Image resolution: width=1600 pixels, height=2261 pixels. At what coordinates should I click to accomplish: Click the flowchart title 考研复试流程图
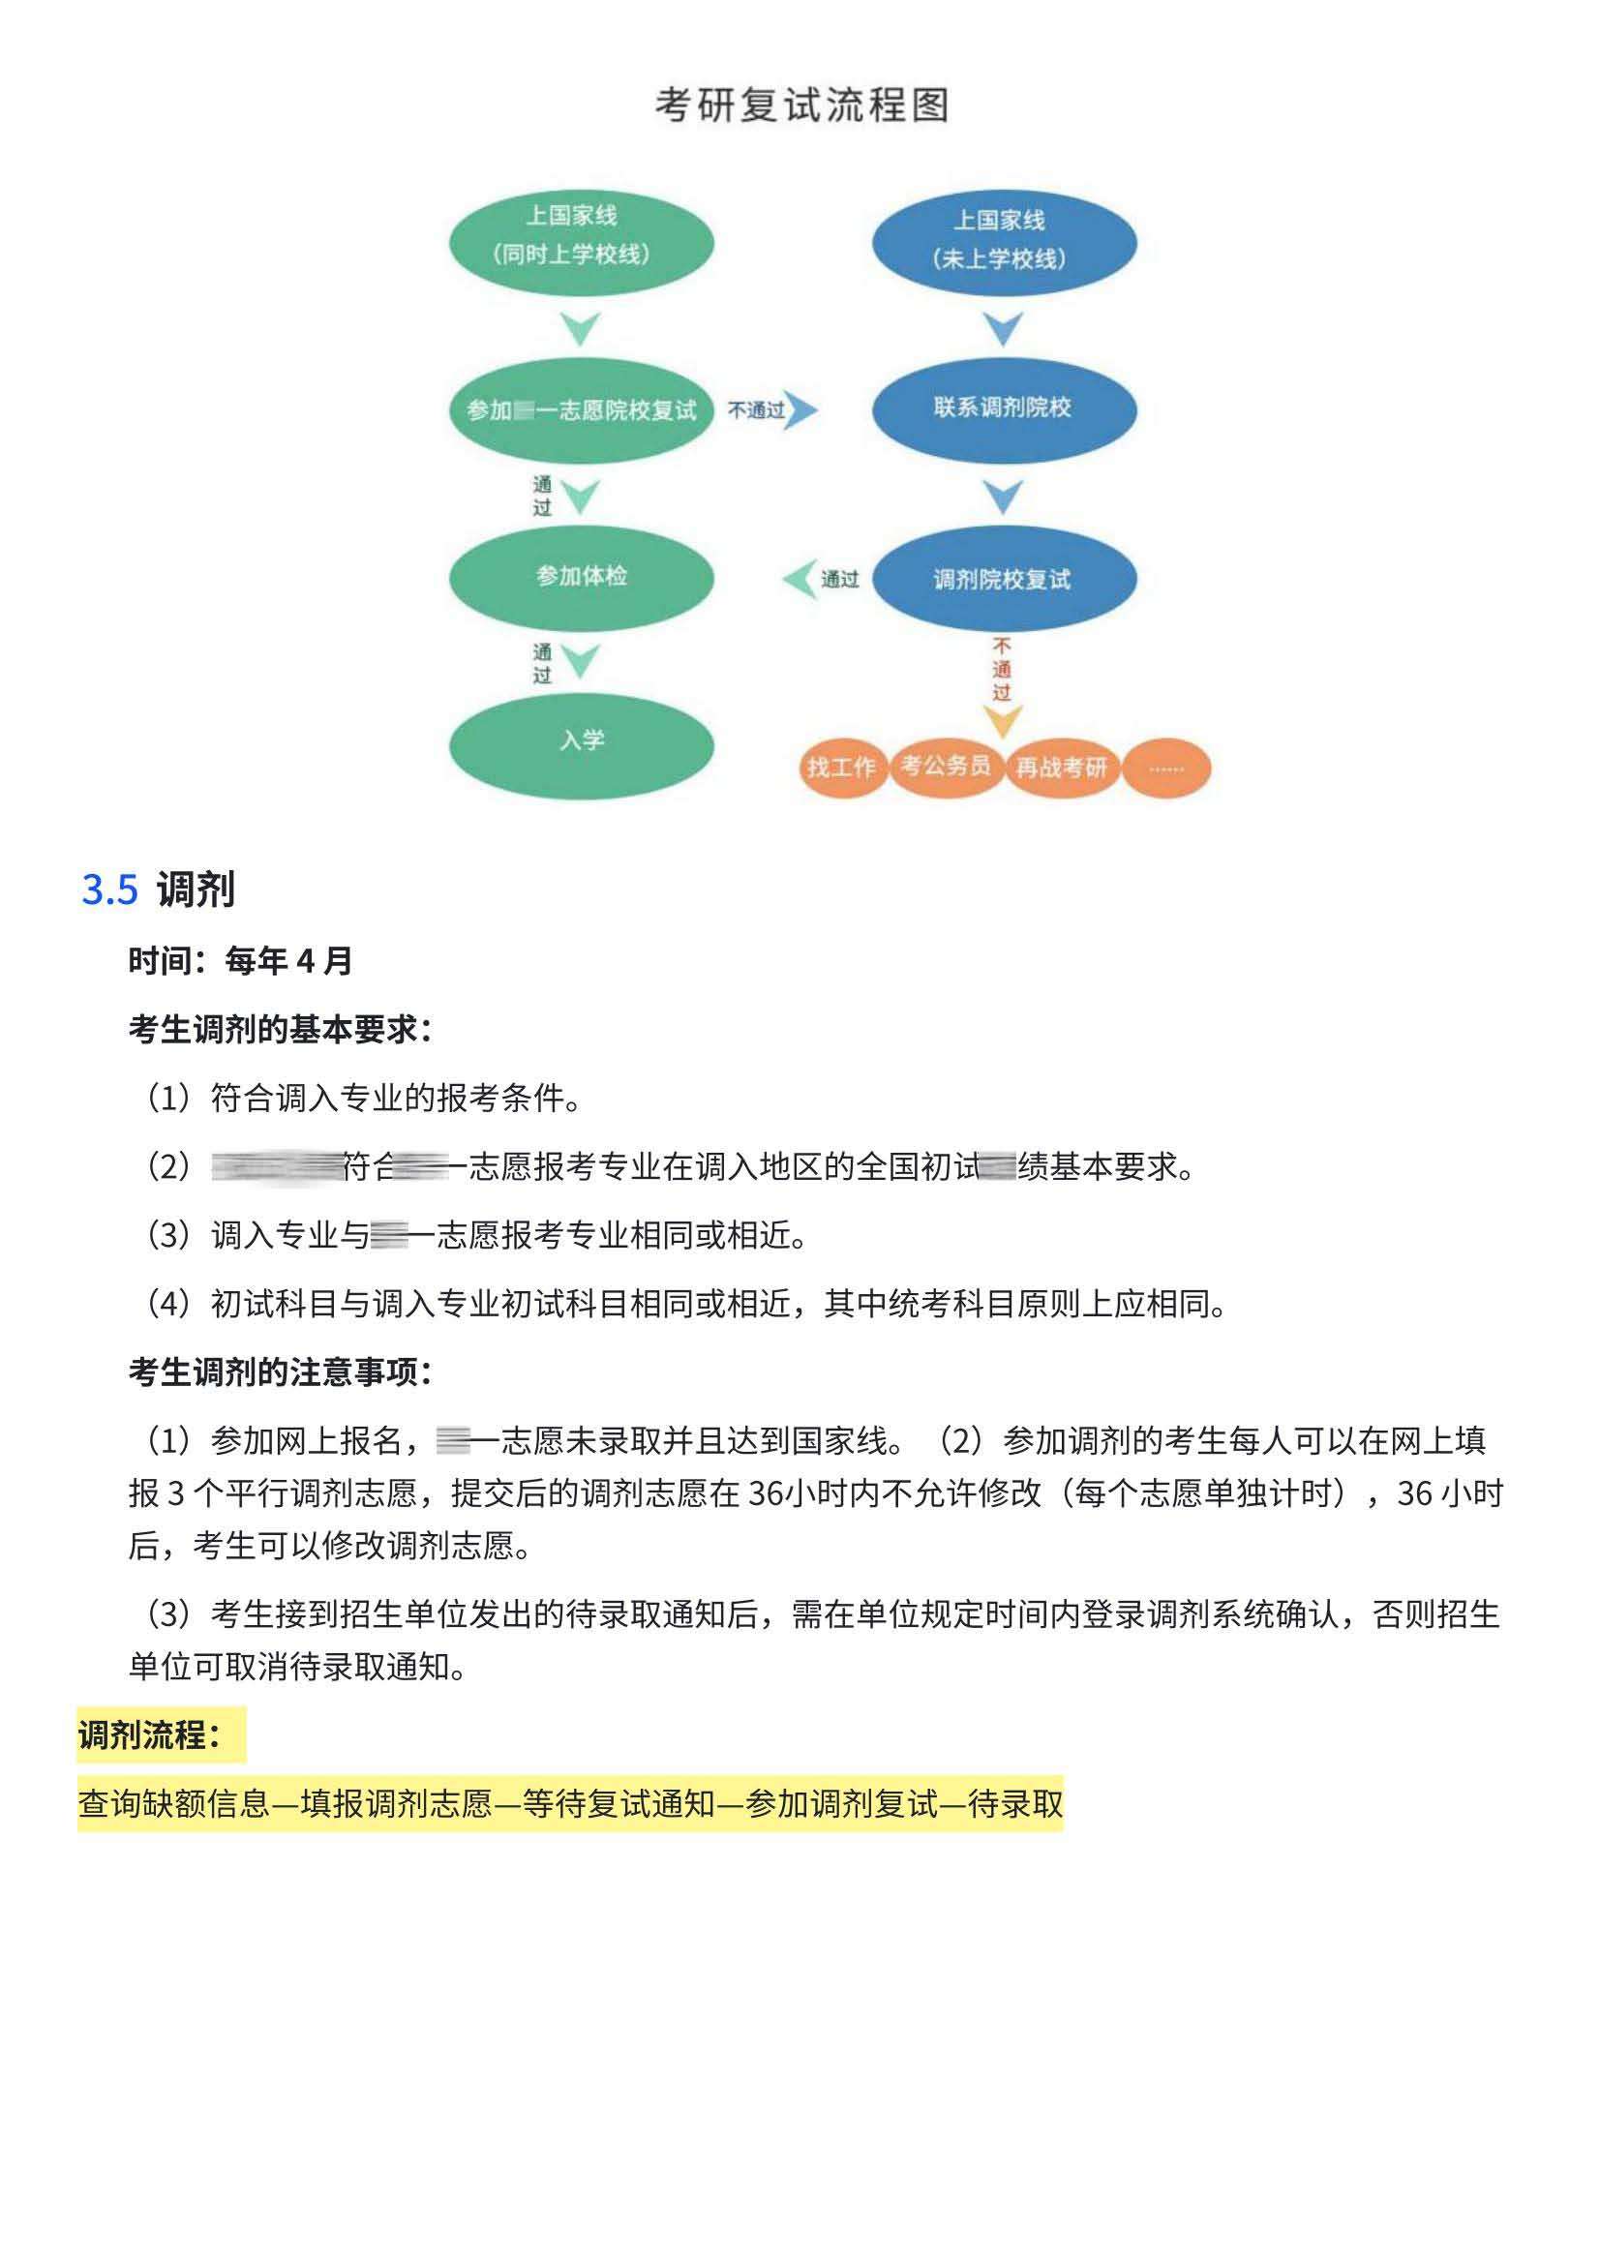(x=802, y=106)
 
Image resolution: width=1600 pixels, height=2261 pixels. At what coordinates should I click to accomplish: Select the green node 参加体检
(x=582, y=576)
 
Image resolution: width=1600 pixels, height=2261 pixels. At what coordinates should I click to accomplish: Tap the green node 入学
(x=582, y=740)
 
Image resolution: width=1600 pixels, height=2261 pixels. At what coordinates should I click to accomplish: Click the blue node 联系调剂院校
(x=1003, y=408)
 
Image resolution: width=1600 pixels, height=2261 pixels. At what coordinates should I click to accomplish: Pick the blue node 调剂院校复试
(x=1003, y=580)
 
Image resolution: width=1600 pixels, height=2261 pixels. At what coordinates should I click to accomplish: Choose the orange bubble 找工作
(x=841, y=768)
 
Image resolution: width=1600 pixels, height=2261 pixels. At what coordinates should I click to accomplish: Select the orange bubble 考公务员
(x=946, y=766)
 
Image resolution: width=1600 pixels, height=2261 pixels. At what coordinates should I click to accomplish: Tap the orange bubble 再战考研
(x=1061, y=768)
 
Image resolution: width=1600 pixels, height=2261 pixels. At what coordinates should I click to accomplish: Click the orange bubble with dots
(x=1166, y=769)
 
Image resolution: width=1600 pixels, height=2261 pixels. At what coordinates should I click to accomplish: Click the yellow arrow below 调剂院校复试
(x=1003, y=722)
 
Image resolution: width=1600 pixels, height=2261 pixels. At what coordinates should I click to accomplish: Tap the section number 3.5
(x=109, y=890)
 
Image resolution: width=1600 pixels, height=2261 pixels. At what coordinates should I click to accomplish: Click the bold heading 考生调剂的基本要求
(x=280, y=1030)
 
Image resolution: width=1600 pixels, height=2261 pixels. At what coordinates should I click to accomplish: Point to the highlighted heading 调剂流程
(x=149, y=1734)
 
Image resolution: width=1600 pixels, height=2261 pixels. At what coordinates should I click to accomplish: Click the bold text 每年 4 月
(x=288, y=960)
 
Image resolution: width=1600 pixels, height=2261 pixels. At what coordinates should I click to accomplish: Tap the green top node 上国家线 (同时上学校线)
(x=582, y=243)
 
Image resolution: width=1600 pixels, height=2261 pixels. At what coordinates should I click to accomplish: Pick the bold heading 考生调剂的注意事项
(x=280, y=1372)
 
